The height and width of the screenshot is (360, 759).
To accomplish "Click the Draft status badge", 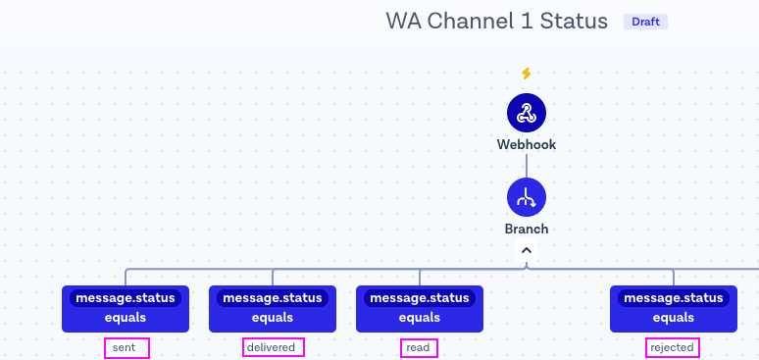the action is click(x=645, y=22).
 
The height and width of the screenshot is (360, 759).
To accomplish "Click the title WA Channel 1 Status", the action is click(x=496, y=22).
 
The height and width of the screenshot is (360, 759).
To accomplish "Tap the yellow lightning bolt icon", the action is click(x=527, y=74).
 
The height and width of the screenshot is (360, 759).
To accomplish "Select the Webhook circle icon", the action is click(x=527, y=113).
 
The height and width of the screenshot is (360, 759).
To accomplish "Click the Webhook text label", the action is click(x=527, y=144).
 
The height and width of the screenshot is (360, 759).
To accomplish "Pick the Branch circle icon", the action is click(x=527, y=197).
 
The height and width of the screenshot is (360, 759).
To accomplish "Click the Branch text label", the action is click(x=527, y=229).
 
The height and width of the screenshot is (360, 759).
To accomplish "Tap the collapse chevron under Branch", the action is click(x=527, y=250).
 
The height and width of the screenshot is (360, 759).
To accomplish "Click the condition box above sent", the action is click(x=126, y=309).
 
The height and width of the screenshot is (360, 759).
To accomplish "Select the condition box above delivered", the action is click(x=273, y=309).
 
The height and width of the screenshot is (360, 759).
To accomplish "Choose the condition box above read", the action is click(x=420, y=309).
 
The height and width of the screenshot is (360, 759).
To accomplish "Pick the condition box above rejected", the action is click(x=674, y=309).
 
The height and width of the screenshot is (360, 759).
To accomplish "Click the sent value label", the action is click(x=126, y=348).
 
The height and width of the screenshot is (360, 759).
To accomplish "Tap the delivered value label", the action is click(x=274, y=348).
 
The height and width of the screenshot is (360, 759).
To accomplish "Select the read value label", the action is click(x=419, y=348).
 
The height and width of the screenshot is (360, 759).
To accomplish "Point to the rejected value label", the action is click(x=673, y=347).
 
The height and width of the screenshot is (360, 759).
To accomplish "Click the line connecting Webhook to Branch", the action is click(x=527, y=165).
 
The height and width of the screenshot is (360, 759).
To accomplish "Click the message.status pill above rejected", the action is click(x=674, y=298).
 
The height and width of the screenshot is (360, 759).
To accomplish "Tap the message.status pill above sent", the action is click(x=126, y=298).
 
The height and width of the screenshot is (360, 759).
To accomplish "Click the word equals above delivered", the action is click(x=273, y=318).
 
